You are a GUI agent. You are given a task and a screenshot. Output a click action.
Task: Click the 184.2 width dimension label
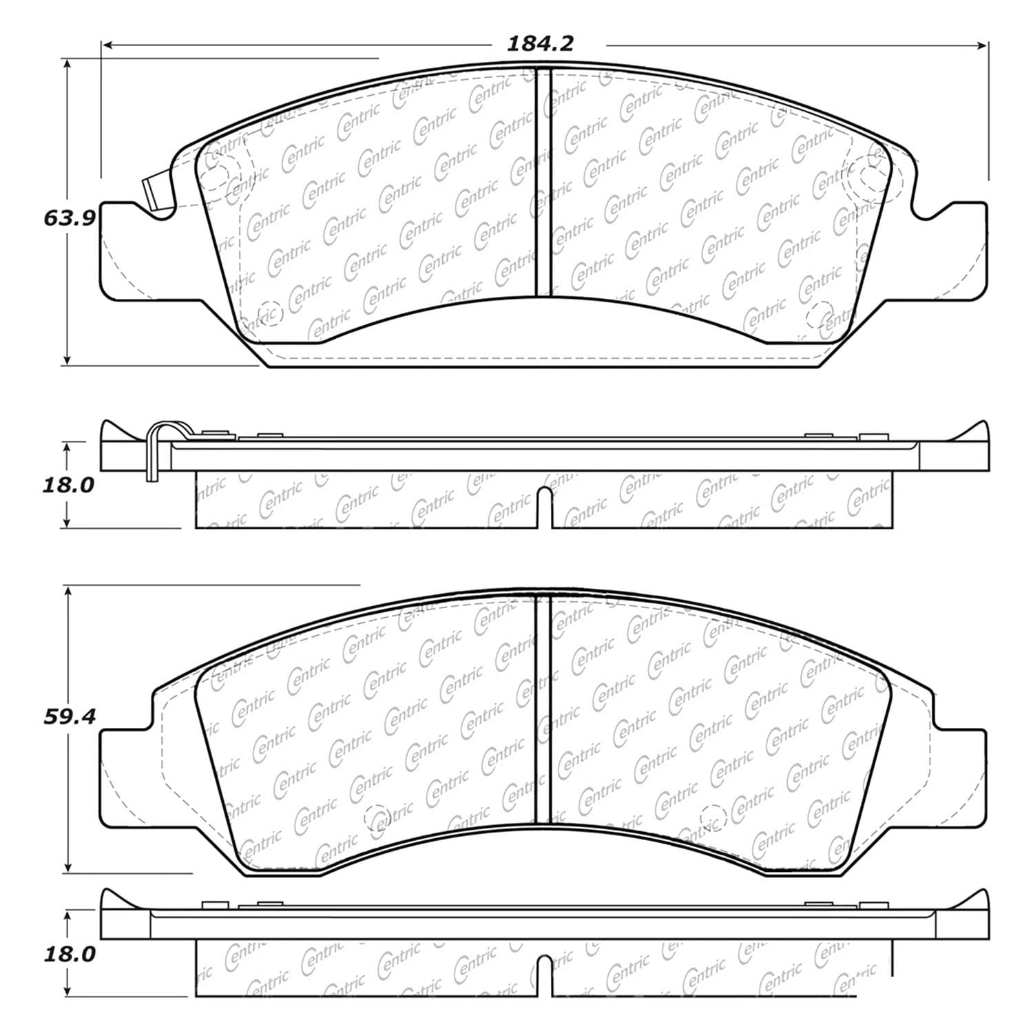coord(541,44)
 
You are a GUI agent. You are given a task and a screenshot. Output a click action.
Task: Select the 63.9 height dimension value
coord(68,218)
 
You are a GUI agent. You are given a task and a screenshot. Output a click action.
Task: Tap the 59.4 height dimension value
coord(68,716)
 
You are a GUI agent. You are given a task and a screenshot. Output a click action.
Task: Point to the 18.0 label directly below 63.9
coord(68,486)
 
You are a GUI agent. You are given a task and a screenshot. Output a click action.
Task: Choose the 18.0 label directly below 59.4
coord(68,954)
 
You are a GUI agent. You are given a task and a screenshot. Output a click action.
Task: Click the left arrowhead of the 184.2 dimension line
coord(107,45)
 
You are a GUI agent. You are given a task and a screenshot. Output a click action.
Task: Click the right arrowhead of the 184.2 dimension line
coord(983,45)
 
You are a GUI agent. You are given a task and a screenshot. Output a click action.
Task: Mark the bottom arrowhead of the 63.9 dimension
coord(67,359)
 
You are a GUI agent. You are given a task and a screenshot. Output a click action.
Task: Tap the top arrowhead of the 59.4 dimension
coord(67,592)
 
